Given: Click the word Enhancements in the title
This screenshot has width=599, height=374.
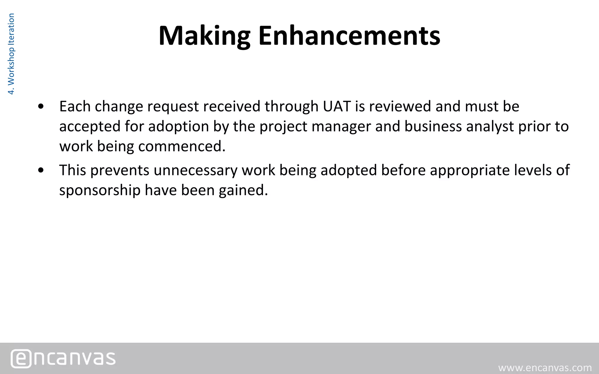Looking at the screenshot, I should pyautogui.click(x=349, y=36).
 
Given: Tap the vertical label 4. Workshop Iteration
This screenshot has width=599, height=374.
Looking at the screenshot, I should pyautogui.click(x=11, y=54).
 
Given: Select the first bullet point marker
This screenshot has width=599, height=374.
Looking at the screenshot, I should pyautogui.click(x=41, y=107).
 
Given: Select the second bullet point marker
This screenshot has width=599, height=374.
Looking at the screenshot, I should pyautogui.click(x=41, y=170).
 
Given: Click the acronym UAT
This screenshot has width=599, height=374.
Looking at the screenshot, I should pyautogui.click(x=337, y=106).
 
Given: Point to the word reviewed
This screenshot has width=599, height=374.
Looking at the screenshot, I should pyautogui.click(x=400, y=106).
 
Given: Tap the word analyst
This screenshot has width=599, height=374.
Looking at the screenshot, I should pyautogui.click(x=490, y=127).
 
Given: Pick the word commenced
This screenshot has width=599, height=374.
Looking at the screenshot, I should pyautogui.click(x=182, y=146).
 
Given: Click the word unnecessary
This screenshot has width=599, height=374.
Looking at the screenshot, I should pyautogui.click(x=196, y=170).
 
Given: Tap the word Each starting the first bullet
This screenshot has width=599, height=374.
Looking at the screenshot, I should pyautogui.click(x=75, y=106).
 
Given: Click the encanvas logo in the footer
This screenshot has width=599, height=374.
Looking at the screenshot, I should pyautogui.click(x=63, y=358).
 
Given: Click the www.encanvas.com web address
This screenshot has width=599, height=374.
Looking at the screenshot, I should pyautogui.click(x=545, y=368).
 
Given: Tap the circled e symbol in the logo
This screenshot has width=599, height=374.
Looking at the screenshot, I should pyautogui.click(x=21, y=359).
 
